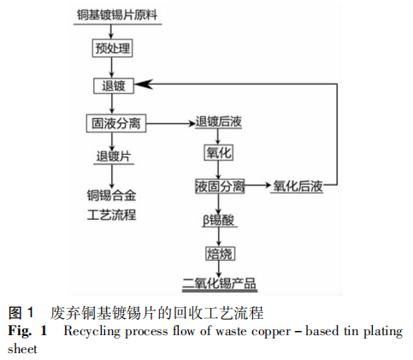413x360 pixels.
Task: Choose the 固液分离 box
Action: (115, 123)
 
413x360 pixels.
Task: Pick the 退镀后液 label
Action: (219, 123)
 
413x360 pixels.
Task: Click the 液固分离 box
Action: (220, 186)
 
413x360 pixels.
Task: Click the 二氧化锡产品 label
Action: (220, 283)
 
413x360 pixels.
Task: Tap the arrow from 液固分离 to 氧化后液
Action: (258, 186)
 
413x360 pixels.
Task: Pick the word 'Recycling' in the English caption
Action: (91, 330)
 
